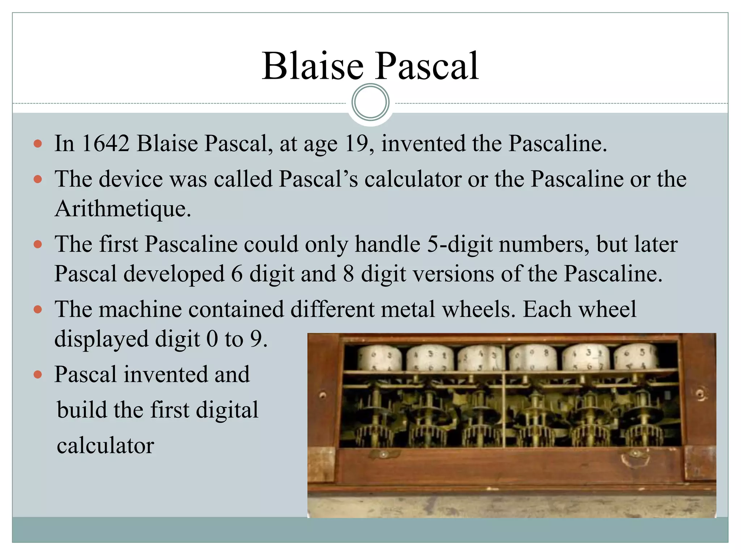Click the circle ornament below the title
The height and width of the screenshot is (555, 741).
pos(370,102)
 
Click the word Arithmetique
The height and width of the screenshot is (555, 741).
pos(123,208)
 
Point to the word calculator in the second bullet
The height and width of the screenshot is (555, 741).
pos(412,179)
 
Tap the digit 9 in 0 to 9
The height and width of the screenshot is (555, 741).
pos(256,339)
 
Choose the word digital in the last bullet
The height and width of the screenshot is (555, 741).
pos(227,410)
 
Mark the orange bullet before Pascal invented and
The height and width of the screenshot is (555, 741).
pos(38,374)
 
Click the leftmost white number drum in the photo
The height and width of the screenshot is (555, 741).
pos(380,358)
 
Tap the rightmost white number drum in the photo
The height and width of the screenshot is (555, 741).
pos(636,357)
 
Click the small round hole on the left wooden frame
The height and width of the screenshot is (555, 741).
pos(323,395)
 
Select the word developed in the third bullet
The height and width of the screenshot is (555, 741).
pos(174,274)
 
